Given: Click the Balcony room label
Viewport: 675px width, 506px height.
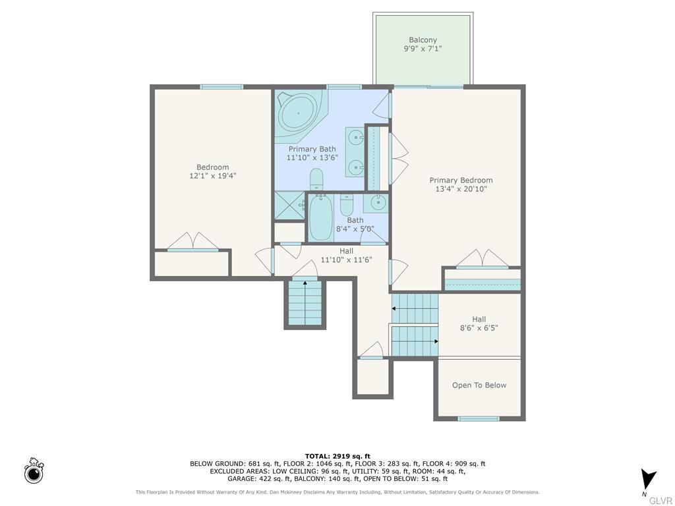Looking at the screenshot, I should click(423, 40).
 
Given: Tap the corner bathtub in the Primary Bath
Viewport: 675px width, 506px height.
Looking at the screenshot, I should click(298, 113).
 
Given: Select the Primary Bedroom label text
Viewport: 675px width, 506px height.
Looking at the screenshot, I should click(461, 181).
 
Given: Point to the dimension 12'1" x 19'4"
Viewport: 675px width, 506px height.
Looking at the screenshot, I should click(212, 176).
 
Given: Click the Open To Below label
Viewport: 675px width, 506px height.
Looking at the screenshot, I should click(479, 385).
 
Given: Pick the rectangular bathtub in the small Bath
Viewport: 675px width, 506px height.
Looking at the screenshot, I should click(321, 218).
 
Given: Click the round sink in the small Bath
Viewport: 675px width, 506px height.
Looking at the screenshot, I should click(378, 202).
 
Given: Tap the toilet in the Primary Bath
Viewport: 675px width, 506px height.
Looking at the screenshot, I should click(316, 179).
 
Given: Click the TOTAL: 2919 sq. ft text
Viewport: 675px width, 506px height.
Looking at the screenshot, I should click(337, 456).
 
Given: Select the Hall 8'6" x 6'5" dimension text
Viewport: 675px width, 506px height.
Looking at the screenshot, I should click(479, 327).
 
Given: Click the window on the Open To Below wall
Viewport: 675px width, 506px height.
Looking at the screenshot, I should click(479, 419).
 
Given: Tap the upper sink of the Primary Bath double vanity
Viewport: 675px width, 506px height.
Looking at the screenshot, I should click(356, 138).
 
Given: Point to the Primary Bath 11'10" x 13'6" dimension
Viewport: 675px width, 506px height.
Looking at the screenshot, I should click(312, 158).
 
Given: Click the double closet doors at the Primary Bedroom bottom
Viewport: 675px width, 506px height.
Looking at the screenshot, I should click(482, 259).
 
